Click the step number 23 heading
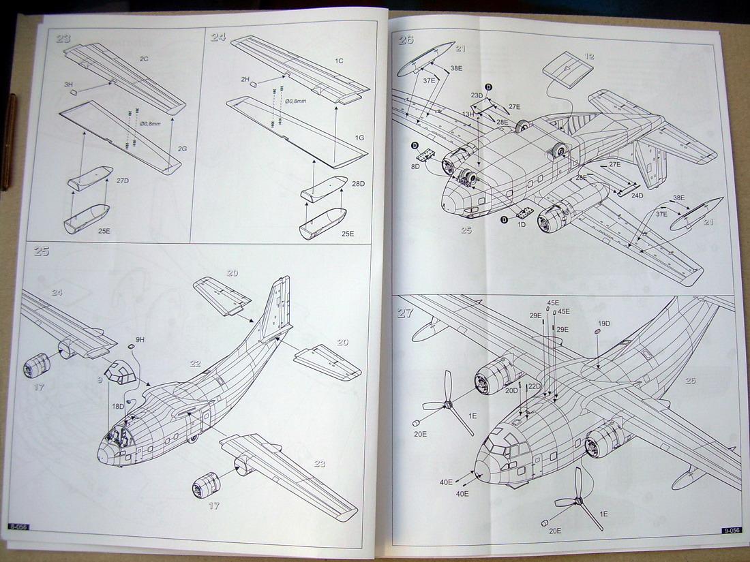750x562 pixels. click(63, 39)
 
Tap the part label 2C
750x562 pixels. click(144, 59)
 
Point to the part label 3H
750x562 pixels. click(69, 84)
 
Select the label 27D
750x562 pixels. click(122, 181)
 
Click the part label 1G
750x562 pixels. click(359, 138)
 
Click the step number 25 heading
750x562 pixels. click(41, 251)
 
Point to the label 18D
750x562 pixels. click(119, 406)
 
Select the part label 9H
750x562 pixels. click(140, 339)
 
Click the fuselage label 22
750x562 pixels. click(195, 364)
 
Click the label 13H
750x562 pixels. click(468, 114)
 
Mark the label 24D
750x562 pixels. click(637, 196)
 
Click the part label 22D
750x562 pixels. click(534, 387)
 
